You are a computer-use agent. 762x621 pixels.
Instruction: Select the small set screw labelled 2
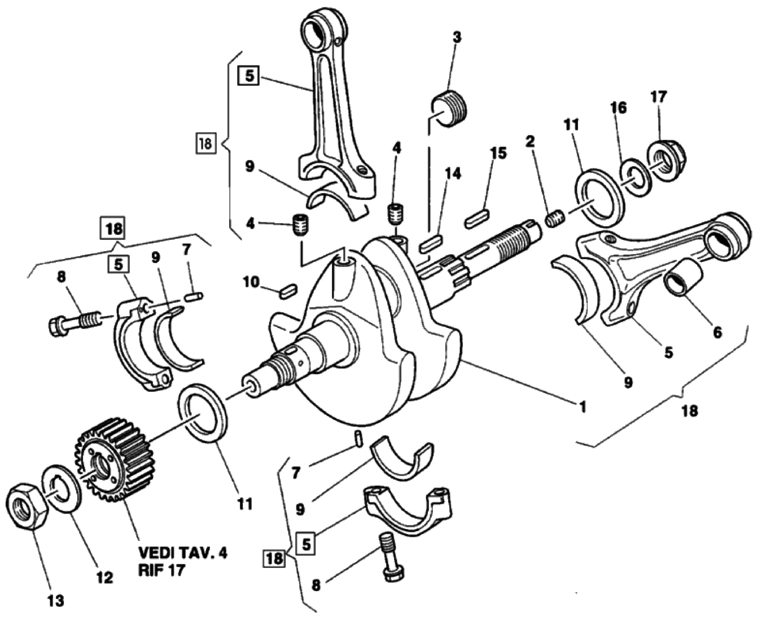555,218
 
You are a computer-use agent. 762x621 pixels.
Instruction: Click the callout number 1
582,405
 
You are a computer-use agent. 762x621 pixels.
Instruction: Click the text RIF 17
161,570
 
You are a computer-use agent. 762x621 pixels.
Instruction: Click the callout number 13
55,600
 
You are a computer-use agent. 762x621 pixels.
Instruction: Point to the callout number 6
717,333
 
